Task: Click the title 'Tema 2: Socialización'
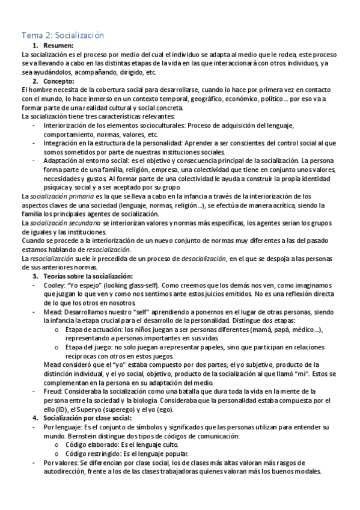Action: [x=63, y=35]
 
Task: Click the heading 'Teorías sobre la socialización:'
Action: [x=91, y=275]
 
